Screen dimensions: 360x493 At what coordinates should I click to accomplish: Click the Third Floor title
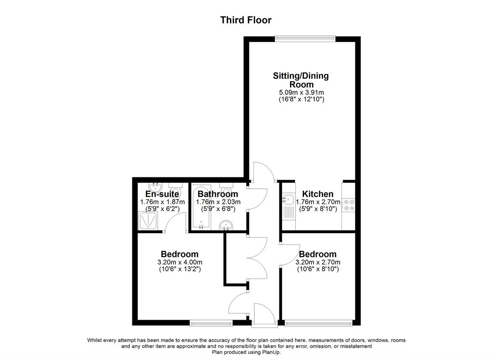coord(246,20)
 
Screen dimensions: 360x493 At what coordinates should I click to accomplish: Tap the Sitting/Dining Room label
coord(301,80)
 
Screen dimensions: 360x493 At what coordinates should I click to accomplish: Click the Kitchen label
coord(318,194)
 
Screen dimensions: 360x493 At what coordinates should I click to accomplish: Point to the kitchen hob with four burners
coord(349,205)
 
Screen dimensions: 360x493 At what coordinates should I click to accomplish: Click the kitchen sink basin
coord(286,200)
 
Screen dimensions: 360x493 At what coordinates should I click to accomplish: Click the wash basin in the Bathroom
coord(226,225)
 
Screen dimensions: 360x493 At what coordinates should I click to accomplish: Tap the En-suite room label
coord(162,194)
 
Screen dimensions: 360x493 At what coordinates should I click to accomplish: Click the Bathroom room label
coord(218,194)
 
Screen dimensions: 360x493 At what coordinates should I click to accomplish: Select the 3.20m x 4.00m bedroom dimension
coord(180,263)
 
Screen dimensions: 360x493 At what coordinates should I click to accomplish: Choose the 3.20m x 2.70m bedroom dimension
coord(318,263)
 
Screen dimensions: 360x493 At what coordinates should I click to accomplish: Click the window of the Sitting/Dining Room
coord(305,39)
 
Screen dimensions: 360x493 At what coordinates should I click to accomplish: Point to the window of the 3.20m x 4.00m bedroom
coord(211,323)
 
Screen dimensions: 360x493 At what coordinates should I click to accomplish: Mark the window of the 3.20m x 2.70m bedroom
coord(318,323)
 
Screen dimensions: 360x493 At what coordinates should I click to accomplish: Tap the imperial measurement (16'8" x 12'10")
coord(301,99)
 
